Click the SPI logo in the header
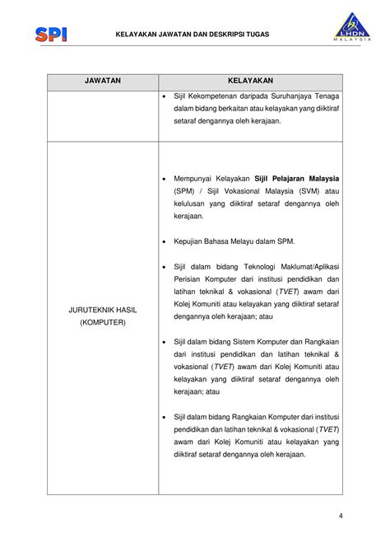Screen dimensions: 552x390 [51, 34]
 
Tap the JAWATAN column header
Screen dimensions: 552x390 [103, 82]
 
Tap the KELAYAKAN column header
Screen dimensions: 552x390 [250, 82]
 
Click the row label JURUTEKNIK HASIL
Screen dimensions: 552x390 [103, 310]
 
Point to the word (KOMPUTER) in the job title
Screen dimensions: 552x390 [103, 322]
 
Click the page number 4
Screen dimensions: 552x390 [340, 517]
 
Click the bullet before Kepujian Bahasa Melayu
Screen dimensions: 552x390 [165, 241]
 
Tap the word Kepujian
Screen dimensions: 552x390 [190, 241]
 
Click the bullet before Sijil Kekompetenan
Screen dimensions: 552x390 [165, 96]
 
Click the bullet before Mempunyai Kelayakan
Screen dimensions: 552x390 [165, 178]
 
